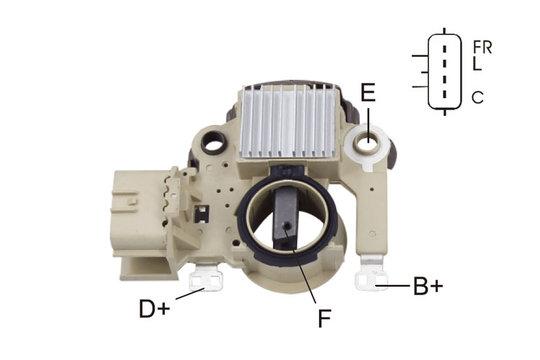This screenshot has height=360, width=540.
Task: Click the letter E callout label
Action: (368, 92)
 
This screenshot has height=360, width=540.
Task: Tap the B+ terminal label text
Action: (428, 286)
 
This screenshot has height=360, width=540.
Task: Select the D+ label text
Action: (154, 309)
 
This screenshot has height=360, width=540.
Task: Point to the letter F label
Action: (324, 318)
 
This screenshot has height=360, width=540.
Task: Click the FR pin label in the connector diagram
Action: (482, 48)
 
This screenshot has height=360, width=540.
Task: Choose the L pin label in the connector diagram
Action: (477, 64)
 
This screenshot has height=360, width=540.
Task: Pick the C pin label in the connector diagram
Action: (477, 97)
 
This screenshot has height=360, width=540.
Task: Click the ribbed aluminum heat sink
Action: (288, 122)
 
